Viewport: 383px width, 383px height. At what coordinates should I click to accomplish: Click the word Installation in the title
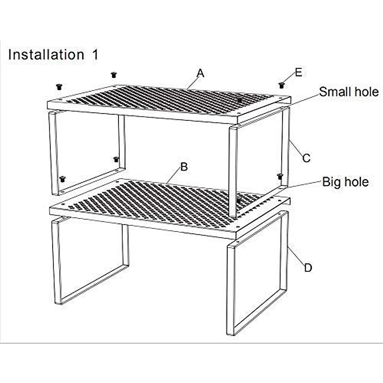point(46,55)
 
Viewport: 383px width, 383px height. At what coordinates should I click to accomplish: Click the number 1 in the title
point(95,55)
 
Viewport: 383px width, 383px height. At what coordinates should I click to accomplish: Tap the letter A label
point(200,73)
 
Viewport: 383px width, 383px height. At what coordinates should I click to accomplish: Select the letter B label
point(184,167)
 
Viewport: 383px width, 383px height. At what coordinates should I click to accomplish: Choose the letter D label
point(308,267)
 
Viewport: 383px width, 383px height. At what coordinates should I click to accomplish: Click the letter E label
point(298,72)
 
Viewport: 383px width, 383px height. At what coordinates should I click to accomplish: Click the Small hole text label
point(349,92)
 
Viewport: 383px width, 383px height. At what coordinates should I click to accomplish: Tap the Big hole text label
point(345,182)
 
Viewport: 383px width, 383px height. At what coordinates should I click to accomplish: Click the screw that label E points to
point(281,85)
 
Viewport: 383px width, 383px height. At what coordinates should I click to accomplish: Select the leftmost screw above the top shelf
point(59,86)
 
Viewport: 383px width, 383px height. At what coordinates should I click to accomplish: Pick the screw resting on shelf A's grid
point(239,100)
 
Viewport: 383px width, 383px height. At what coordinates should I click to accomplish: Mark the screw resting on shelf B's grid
point(238,200)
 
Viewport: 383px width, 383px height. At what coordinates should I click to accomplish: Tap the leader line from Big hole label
point(303,185)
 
